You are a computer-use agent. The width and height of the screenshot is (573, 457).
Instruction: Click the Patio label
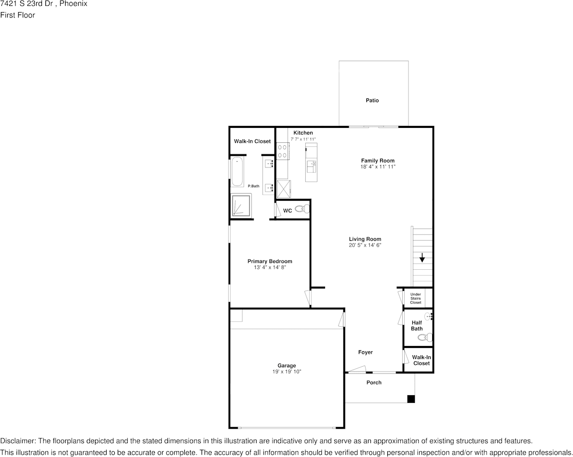click(x=372, y=100)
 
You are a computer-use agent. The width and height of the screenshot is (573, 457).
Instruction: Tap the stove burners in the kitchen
click(x=283, y=151)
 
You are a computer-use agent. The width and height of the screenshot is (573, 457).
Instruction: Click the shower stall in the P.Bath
click(x=242, y=206)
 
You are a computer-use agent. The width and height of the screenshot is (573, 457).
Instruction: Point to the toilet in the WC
click(x=302, y=209)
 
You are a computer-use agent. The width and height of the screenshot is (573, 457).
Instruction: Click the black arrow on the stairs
click(x=422, y=257)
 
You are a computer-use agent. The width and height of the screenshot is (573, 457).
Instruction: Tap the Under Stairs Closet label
click(x=415, y=298)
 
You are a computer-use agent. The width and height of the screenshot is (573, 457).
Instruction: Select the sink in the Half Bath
click(x=429, y=316)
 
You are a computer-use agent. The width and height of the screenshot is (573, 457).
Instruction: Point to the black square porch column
click(x=411, y=399)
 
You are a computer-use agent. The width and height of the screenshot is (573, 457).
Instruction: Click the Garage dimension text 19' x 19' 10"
click(x=286, y=372)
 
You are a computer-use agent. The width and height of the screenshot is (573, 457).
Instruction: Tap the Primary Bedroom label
click(x=270, y=261)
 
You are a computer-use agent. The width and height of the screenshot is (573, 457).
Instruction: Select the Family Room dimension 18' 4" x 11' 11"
click(x=378, y=166)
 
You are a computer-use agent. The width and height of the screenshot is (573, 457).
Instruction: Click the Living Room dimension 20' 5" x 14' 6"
click(x=365, y=245)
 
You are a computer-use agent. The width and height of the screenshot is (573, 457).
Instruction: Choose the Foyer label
click(x=366, y=352)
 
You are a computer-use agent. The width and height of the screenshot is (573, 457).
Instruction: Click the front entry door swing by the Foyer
click(x=356, y=369)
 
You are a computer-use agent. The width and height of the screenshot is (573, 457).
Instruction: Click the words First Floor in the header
click(x=17, y=15)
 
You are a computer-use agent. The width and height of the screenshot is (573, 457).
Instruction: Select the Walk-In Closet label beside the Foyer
click(x=422, y=360)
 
